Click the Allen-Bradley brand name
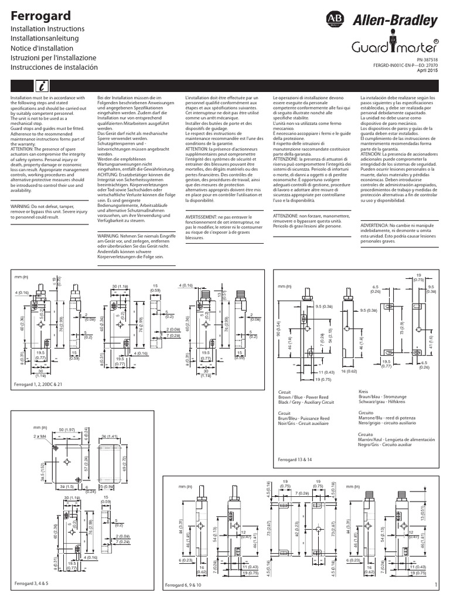pyautogui.click(x=401, y=22)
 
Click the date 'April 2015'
pyautogui.click(x=427, y=70)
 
